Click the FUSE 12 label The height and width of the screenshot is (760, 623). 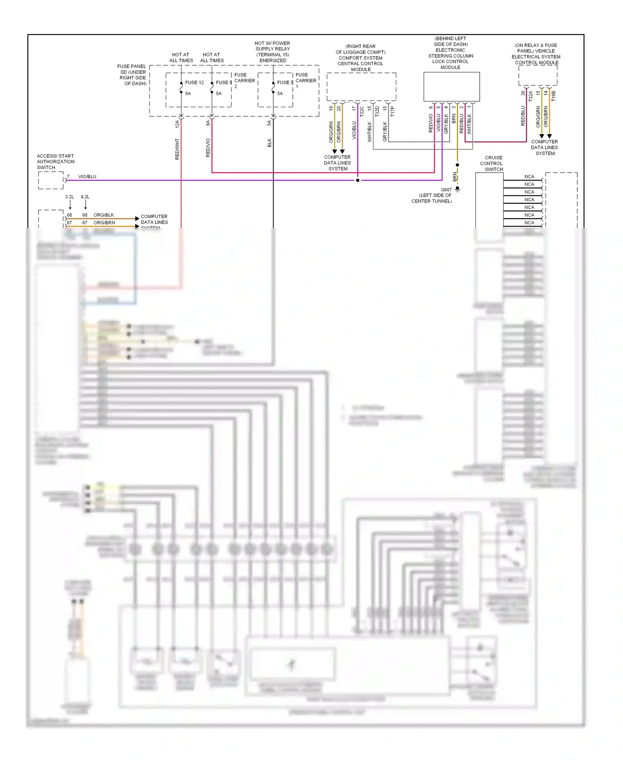coord(194,83)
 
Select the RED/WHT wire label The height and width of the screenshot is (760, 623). coord(177,149)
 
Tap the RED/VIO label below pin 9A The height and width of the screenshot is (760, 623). coord(208,148)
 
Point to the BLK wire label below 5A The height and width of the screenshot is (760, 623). coord(270,143)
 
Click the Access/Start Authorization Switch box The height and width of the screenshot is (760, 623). coord(51,180)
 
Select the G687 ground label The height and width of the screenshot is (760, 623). coord(446,190)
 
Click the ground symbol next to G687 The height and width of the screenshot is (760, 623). coord(457,190)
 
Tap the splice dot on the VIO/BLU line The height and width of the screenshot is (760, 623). coord(358,180)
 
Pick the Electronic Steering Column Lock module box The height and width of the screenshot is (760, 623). coord(451,86)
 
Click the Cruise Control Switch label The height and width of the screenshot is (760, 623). coord(493,163)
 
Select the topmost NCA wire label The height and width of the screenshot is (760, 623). coord(529,177)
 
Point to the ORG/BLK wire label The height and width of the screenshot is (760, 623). coord(104,215)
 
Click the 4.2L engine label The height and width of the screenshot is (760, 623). coord(85,197)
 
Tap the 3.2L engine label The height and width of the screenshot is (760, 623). coord(69,197)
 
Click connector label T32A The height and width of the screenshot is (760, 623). coord(531,96)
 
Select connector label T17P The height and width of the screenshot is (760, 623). coord(392,111)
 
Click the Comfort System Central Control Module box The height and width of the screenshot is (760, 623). coord(361,87)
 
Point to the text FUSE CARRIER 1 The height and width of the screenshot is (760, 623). coord(306,81)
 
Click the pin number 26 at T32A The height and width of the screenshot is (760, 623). coord(523,94)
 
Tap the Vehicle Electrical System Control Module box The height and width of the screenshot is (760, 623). coord(537,76)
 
